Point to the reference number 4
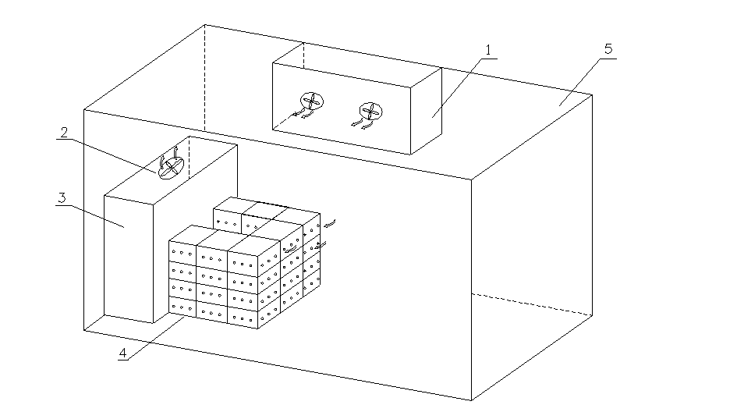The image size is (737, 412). [122, 353]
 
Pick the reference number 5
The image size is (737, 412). [608, 48]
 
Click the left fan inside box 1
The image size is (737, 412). [312, 101]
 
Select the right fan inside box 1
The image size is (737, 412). [371, 110]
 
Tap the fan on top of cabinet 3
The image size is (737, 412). [171, 166]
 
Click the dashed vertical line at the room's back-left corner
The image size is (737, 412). [204, 78]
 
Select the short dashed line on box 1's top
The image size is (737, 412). [302, 55]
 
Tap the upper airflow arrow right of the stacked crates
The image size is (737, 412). [330, 224]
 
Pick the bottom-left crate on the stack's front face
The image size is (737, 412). [182, 307]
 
